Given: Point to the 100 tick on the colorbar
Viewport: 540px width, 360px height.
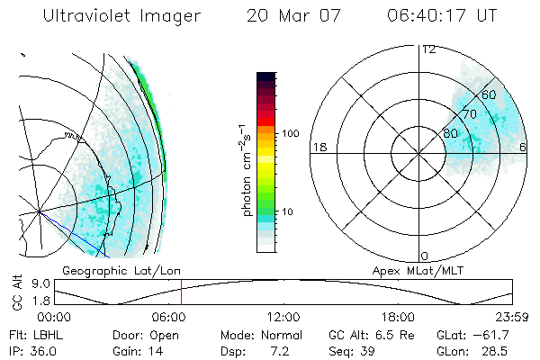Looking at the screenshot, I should pyautogui.click(x=290, y=133).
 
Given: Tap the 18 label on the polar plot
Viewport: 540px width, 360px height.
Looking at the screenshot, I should pyautogui.click(x=318, y=147).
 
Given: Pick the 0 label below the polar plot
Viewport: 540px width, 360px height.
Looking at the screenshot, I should pyautogui.click(x=425, y=256).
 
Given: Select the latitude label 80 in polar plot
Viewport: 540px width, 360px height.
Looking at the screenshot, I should pyautogui.click(x=450, y=133).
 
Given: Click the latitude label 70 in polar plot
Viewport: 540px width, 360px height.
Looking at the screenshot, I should pyautogui.click(x=469, y=114).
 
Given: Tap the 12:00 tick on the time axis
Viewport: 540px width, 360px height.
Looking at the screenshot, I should pyautogui.click(x=283, y=317).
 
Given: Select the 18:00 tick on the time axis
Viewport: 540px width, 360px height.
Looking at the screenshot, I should pyautogui.click(x=398, y=317).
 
